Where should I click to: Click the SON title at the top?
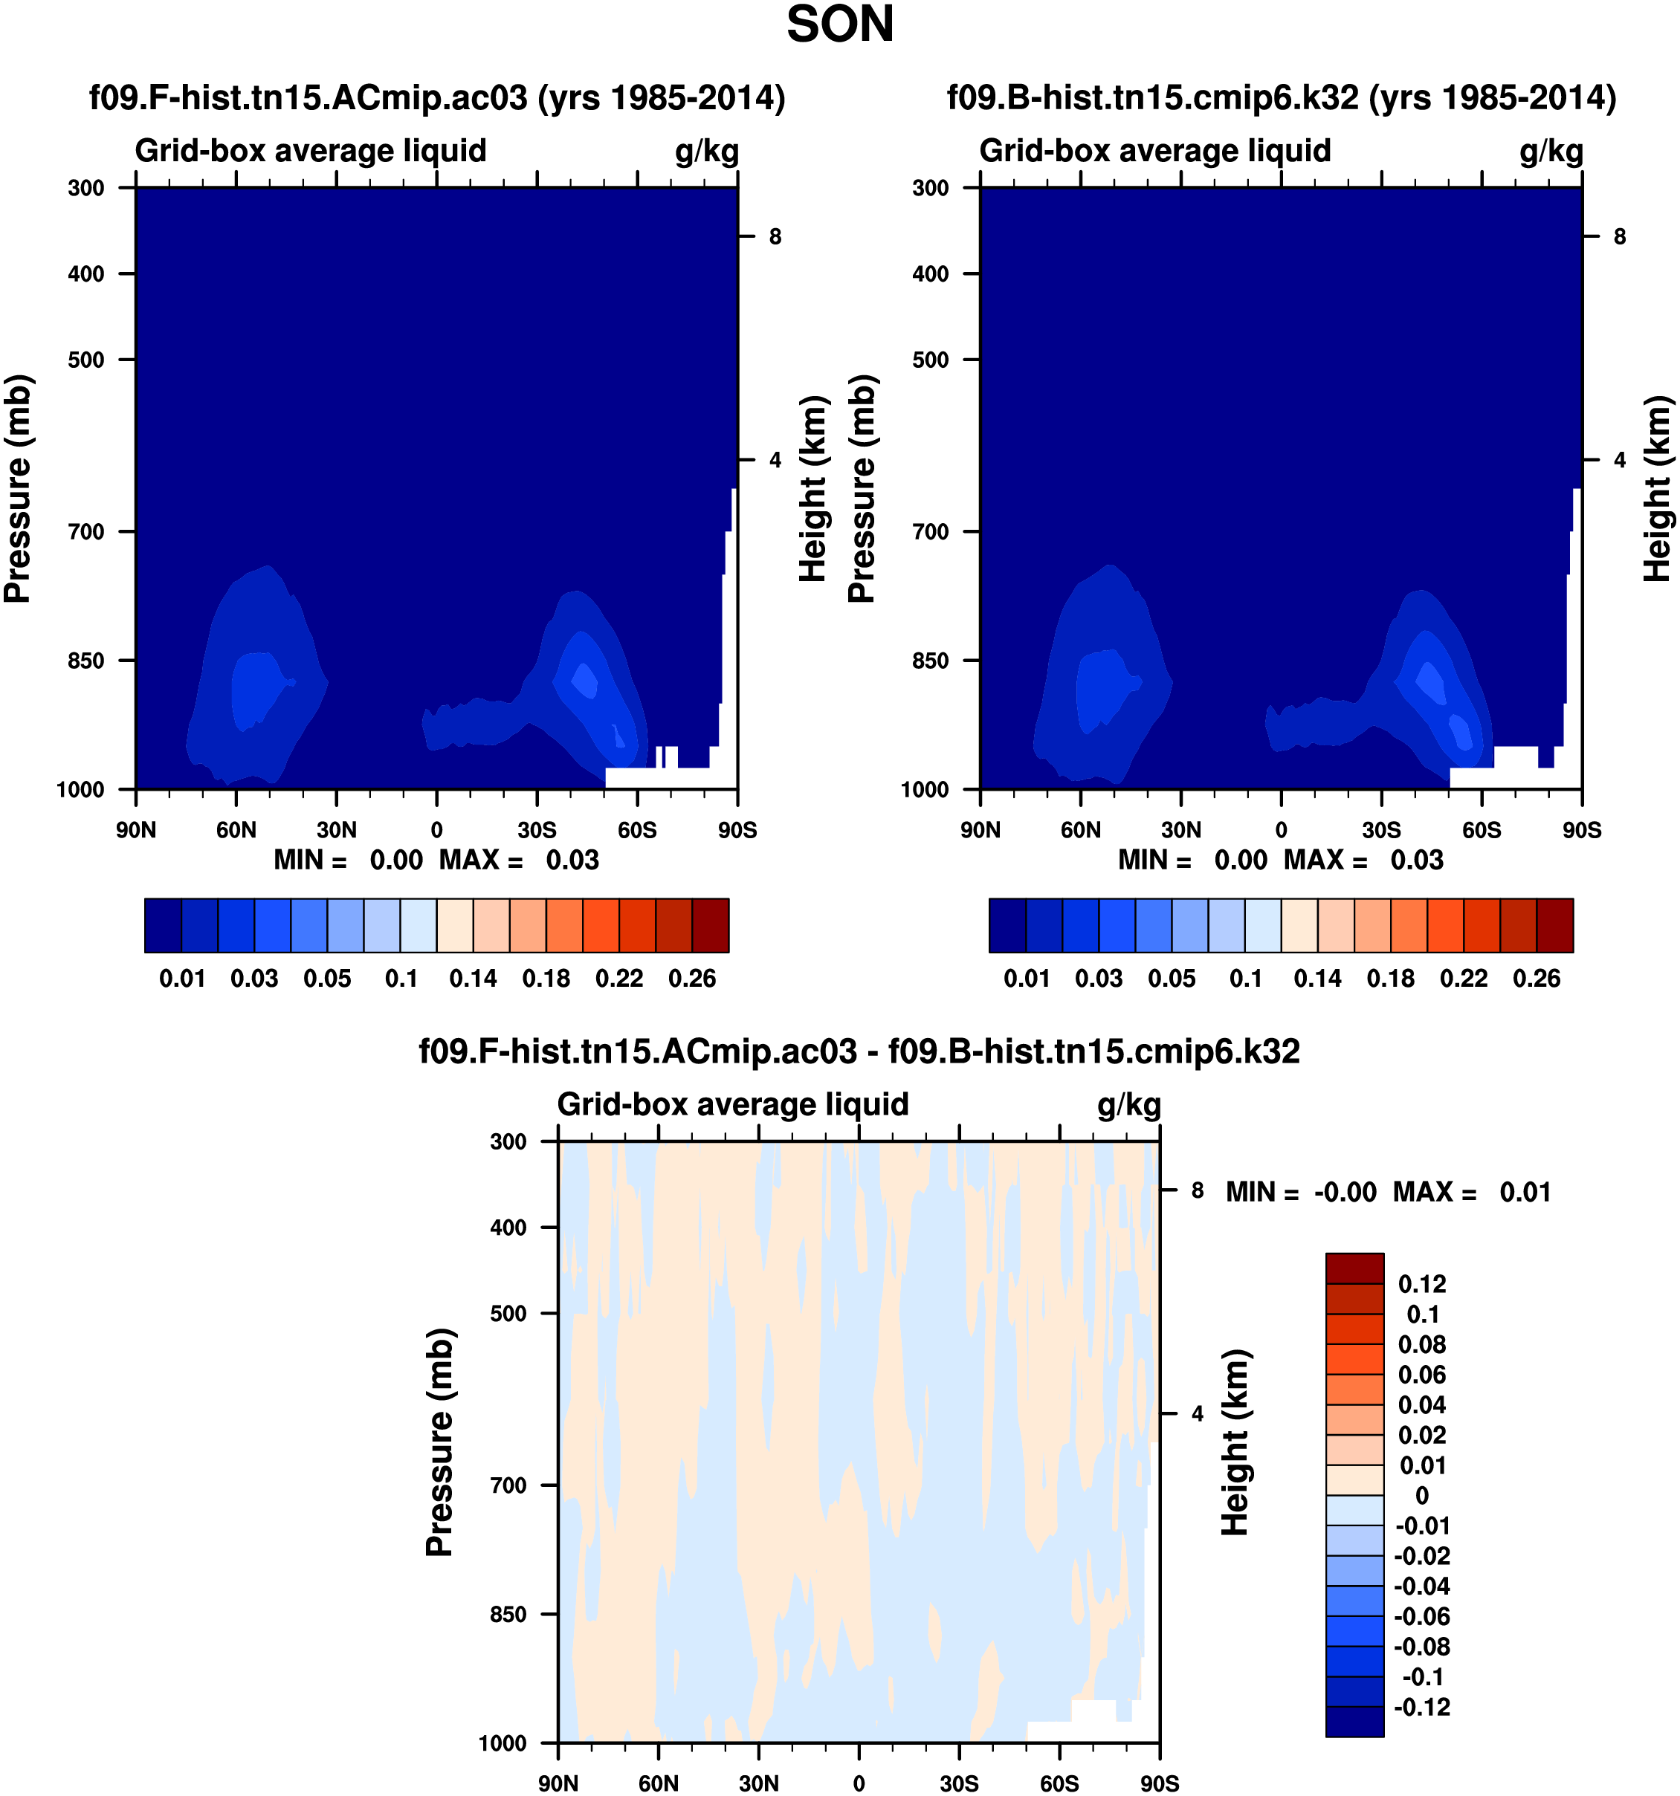[839, 25]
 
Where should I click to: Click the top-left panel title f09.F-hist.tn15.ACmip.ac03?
[436, 97]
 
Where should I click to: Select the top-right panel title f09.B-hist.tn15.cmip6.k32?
[1281, 97]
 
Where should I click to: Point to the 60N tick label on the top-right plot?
[1080, 829]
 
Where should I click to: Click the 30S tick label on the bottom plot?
[959, 1783]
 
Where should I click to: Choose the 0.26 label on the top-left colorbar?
[691, 979]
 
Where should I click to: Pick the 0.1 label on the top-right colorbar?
[1245, 979]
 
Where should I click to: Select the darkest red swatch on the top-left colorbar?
[711, 925]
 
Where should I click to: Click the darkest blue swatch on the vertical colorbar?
[1354, 1721]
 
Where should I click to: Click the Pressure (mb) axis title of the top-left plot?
[18, 488]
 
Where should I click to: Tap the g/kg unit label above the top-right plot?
[1551, 151]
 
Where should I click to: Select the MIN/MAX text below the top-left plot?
[436, 859]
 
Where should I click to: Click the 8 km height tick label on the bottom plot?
[1198, 1190]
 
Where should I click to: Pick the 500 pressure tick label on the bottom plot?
[508, 1313]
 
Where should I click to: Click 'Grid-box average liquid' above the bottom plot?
[732, 1104]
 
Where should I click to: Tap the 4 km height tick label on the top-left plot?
[775, 460]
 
